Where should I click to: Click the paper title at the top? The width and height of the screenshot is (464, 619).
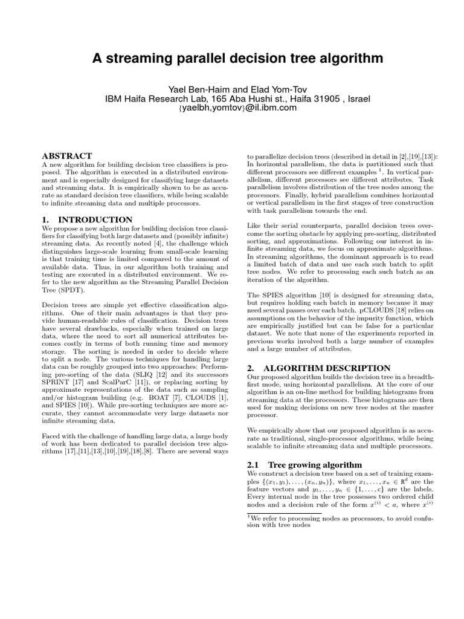click(x=237, y=59)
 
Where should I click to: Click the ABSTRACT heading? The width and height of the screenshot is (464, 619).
click(x=67, y=156)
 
